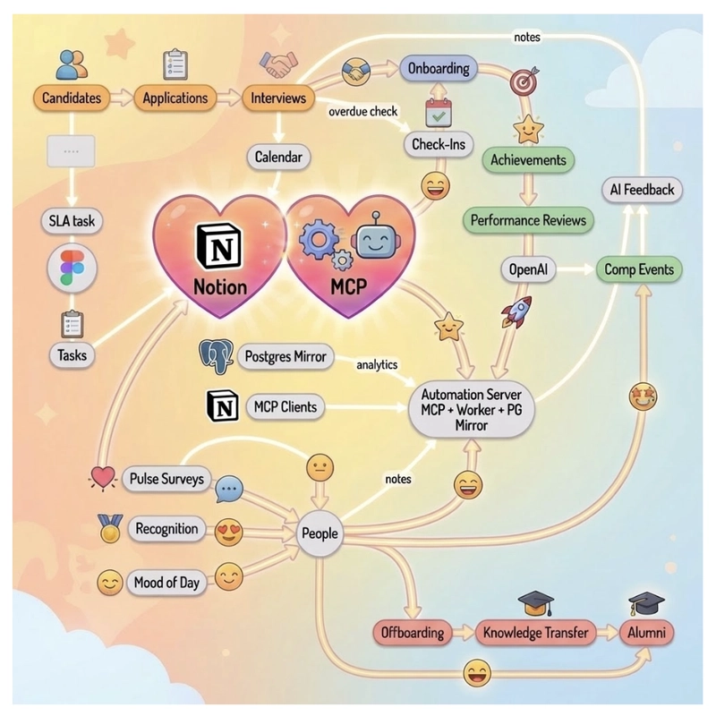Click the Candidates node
click(x=72, y=98)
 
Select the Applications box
click(x=175, y=98)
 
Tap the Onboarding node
click(x=439, y=69)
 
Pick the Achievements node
click(x=528, y=160)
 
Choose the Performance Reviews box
click(x=528, y=219)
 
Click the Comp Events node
click(x=638, y=269)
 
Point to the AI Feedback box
click(x=641, y=190)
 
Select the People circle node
click(x=320, y=533)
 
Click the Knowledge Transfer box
click(x=535, y=633)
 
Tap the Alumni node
click(x=646, y=633)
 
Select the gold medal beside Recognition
click(x=111, y=530)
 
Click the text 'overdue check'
click(x=362, y=112)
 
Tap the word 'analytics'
click(x=376, y=364)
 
